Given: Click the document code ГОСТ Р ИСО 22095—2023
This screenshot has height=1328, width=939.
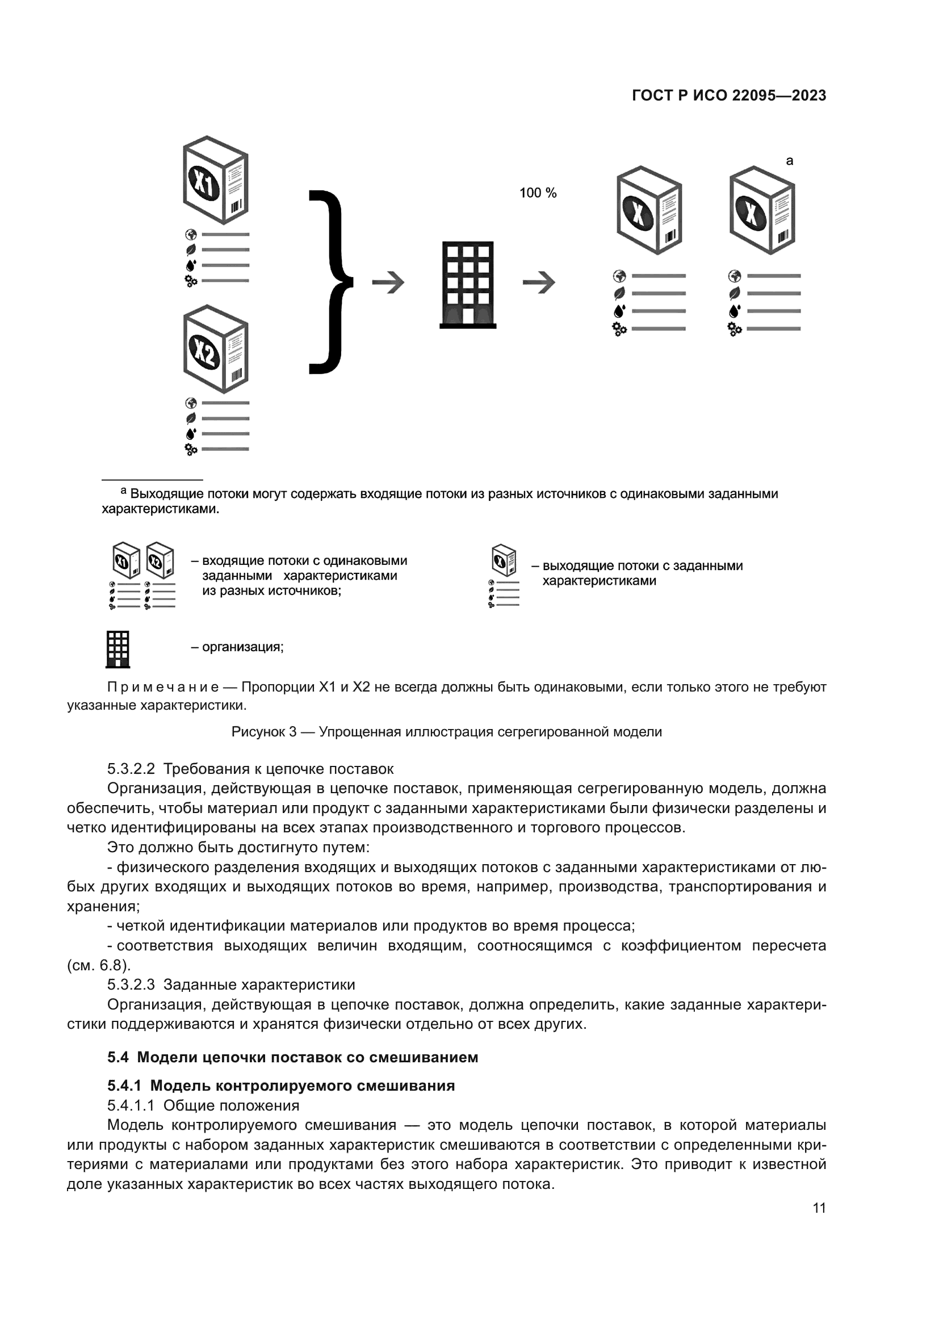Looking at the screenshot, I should (728, 95).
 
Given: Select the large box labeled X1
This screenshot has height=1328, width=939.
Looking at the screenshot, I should (215, 181).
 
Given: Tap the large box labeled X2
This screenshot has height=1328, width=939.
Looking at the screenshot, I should (215, 349).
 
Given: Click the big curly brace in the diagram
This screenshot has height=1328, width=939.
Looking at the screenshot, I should (332, 282).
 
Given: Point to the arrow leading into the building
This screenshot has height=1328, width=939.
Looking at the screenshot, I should (388, 282).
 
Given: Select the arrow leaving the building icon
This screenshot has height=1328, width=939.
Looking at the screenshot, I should (538, 282).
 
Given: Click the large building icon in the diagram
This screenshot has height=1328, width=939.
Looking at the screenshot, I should (468, 284).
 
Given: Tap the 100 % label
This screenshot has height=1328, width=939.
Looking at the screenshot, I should (537, 193).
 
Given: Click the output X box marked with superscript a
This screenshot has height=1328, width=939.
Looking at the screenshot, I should (761, 211).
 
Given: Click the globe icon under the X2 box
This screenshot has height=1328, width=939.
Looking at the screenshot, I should (191, 403).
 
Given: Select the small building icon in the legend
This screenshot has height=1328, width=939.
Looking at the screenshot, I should (118, 649).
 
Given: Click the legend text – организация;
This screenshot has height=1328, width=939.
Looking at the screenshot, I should (237, 647).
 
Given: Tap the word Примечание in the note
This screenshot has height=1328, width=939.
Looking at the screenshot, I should (163, 687).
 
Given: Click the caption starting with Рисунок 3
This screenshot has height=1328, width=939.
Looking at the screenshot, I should (446, 732).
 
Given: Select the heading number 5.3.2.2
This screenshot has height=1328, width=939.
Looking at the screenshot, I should (131, 769).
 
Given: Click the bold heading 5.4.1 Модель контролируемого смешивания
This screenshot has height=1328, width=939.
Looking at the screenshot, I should (281, 1086).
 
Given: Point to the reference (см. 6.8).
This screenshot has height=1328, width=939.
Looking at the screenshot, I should (99, 965).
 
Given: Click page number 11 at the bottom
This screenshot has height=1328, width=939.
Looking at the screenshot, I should (819, 1208).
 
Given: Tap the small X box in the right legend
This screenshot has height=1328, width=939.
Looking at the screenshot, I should (503, 560).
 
